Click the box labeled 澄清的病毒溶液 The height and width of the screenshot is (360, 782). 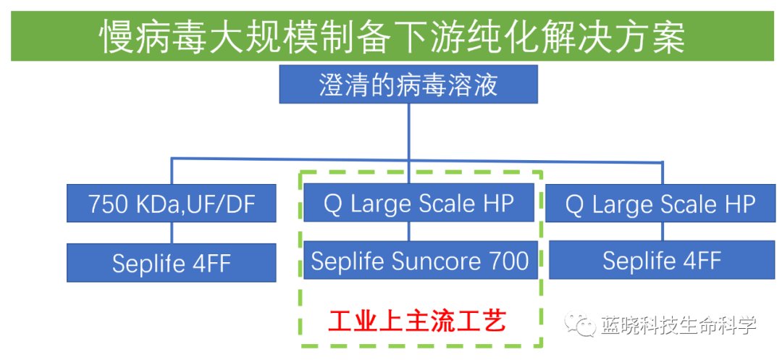408,85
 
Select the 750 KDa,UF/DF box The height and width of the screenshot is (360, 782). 172,204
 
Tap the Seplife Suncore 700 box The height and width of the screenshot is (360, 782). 420,261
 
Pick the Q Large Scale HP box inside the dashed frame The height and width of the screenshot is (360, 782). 420,204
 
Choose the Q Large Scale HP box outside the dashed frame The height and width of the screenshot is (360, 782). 661,204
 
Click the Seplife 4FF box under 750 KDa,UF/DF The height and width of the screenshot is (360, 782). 172,262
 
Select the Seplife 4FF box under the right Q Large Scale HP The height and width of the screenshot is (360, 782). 661,261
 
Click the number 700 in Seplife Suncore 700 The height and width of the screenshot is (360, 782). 508,261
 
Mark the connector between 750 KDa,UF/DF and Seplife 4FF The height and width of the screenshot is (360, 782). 172,233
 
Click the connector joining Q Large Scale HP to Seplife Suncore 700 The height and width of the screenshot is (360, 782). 409,232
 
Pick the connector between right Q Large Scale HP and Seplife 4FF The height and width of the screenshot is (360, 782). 662,233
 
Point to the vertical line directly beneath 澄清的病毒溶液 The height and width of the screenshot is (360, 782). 409,130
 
